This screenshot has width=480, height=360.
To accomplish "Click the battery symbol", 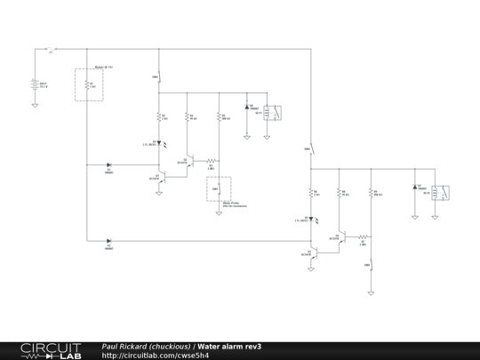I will coord(35,86).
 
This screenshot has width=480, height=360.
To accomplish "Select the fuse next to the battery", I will coord(51,49).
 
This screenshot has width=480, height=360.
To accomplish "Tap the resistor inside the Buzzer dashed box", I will coord(87,85).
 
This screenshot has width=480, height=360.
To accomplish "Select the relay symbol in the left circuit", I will coord(276,112).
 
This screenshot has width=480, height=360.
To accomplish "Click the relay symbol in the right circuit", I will coord(442,191).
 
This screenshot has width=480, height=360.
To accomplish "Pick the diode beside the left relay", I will coord(247,107).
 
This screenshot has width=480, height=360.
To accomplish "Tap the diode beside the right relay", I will coord(415,188).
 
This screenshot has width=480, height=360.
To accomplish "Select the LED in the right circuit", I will coord(312,218).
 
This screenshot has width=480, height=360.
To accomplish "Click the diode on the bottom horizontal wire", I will coord(108,240).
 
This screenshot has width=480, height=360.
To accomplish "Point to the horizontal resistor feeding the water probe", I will coord(212,162).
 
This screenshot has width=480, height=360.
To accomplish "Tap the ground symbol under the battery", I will coord(35,104).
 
